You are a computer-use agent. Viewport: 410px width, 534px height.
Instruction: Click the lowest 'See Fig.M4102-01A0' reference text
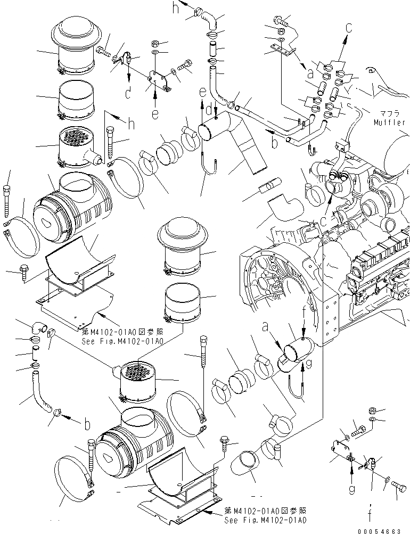coord(265,520)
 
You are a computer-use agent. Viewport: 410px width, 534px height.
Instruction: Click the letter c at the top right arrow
coord(349,27)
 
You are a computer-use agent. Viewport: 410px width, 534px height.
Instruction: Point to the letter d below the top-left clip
coord(128,93)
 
